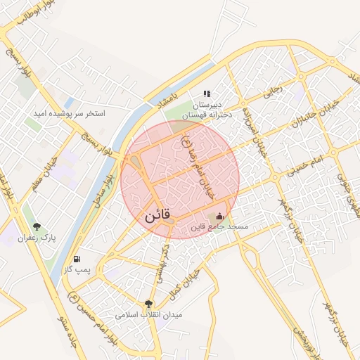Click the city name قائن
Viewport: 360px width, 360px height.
(x=157, y=218)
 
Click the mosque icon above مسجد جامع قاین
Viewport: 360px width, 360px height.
(x=220, y=217)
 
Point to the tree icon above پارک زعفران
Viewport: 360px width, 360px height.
(x=37, y=226)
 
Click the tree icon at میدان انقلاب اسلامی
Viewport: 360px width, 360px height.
(x=148, y=304)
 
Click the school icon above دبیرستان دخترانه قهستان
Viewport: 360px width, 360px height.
(x=207, y=93)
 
